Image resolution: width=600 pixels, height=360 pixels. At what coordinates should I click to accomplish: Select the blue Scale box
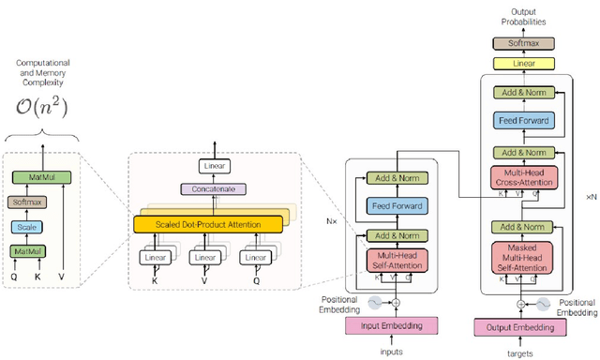[x=25, y=227]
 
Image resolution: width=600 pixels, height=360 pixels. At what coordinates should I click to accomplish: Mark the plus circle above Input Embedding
[x=396, y=303]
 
